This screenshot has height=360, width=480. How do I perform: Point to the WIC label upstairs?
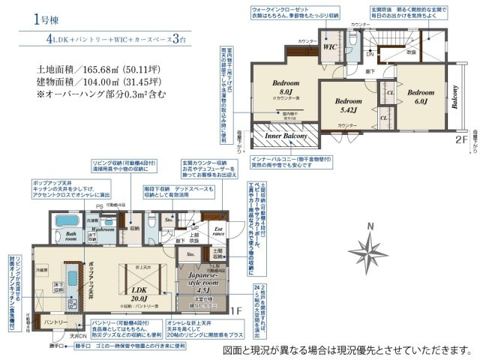coord(330,46)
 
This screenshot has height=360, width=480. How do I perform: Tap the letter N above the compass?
coord(369,226)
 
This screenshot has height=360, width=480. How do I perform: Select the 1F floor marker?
coord(235,310)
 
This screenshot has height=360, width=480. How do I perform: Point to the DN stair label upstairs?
coord(369,54)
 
